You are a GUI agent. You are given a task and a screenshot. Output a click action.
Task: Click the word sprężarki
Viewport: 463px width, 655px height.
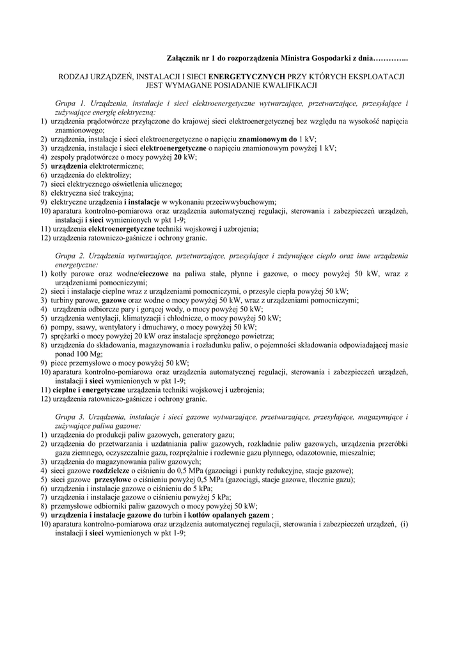coord(68,335)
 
